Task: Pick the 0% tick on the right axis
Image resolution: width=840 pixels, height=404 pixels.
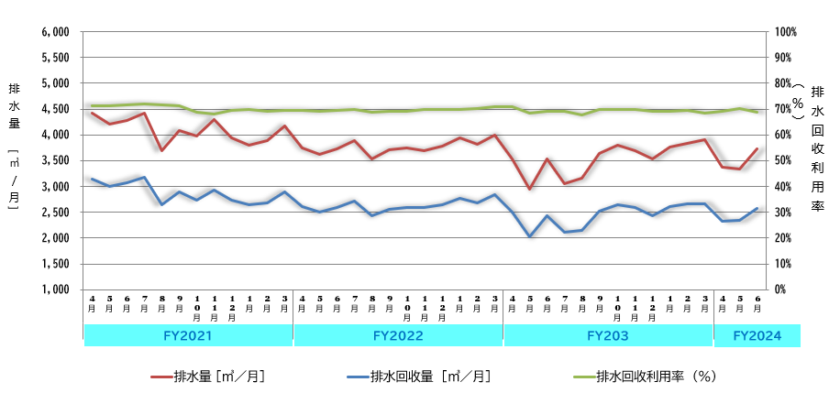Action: [x=779, y=289]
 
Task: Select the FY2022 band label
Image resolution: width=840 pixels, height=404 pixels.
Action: [x=398, y=336]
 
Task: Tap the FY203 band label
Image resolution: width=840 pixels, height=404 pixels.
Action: [x=608, y=336]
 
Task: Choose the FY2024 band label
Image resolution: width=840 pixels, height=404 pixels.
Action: [x=757, y=336]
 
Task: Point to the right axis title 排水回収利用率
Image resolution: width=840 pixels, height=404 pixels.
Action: [x=818, y=147]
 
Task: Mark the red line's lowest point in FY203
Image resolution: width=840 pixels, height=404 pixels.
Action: [x=529, y=189]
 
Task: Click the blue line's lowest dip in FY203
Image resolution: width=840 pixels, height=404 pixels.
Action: [x=529, y=236]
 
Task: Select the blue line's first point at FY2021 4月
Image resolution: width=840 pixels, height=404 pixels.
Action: [x=92, y=179]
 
